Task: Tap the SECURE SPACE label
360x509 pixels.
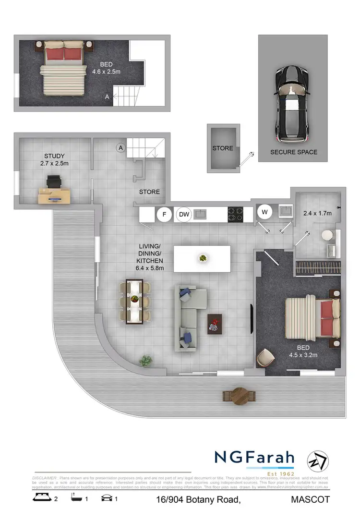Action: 294,152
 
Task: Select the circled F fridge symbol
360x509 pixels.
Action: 164,214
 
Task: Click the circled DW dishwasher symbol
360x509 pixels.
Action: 184,215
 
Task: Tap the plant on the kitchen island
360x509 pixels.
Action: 203,258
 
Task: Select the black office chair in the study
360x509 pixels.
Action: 54,181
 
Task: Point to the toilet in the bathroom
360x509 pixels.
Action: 327,235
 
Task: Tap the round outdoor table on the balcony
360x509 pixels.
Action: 239,396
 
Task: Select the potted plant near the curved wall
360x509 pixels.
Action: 145,360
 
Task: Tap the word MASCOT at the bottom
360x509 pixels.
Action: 311,499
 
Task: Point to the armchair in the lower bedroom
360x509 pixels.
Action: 265,357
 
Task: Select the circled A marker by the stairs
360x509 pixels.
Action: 120,147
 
